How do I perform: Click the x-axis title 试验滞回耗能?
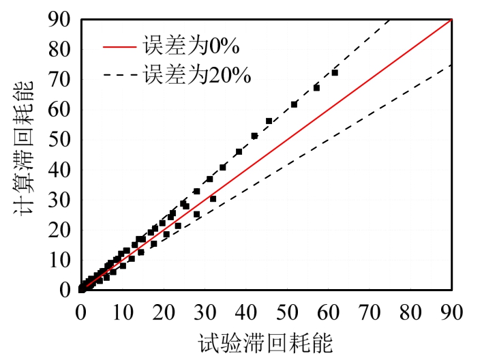[x=266, y=343]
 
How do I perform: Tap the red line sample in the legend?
[x=120, y=47]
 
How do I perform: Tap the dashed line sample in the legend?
[x=120, y=74]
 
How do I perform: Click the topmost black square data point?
[x=335, y=72]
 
